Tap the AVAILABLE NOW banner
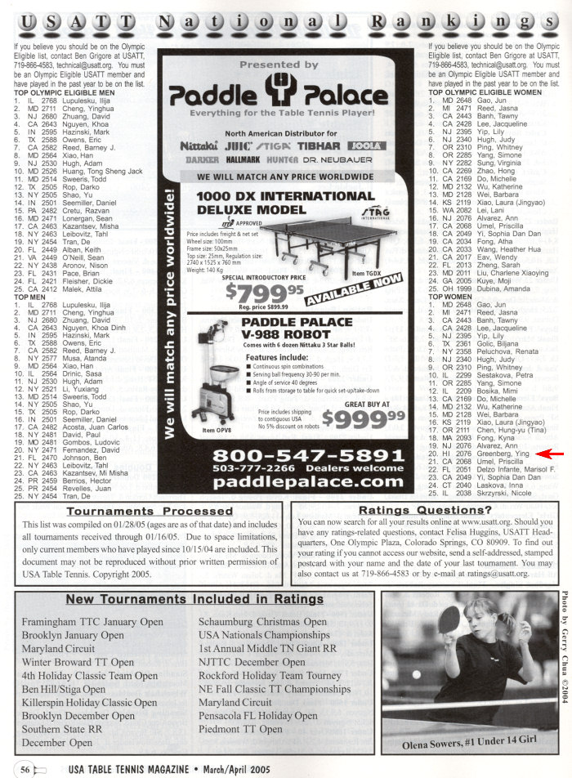click(353, 288)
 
